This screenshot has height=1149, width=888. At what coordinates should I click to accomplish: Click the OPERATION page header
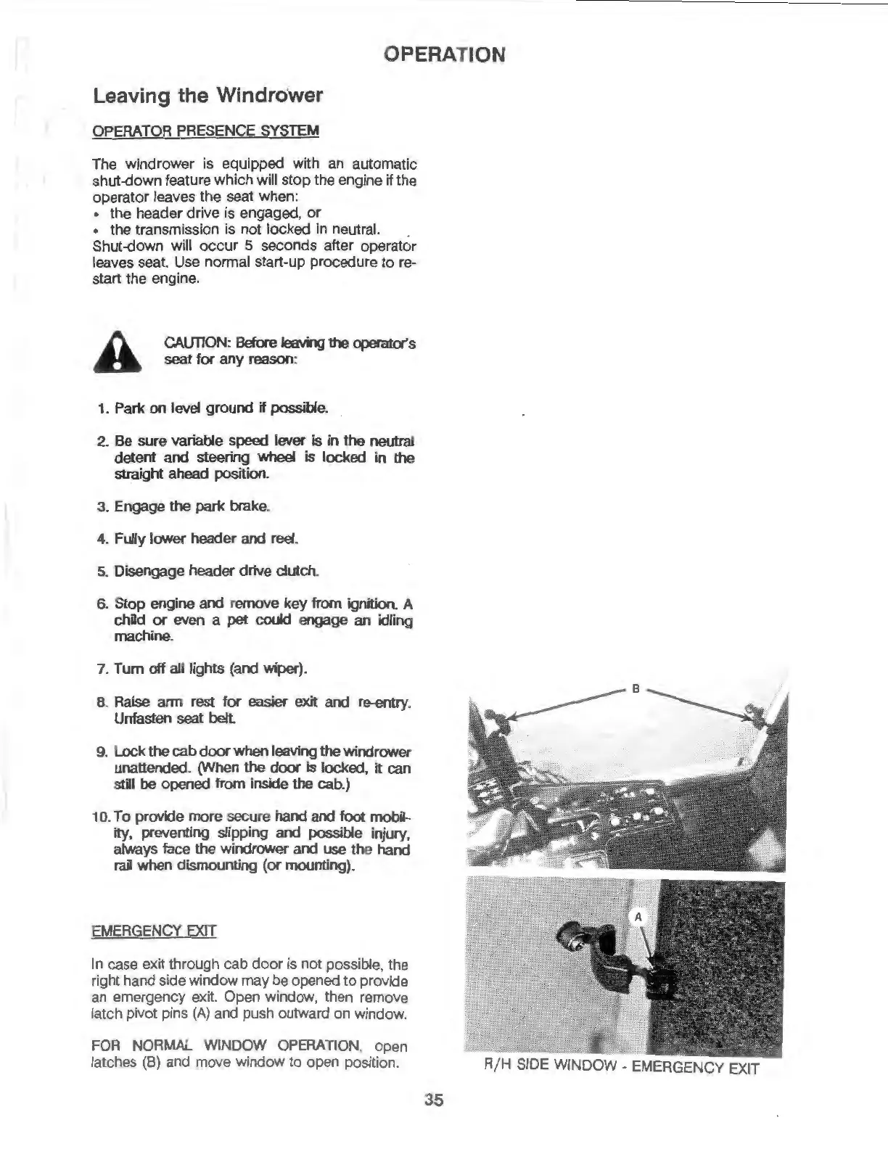pos(444,54)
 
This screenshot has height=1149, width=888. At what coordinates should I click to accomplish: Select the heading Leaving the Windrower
pos(207,96)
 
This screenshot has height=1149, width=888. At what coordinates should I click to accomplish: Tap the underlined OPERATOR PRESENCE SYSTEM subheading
pos(205,131)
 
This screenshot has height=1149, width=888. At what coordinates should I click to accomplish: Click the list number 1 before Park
pos(102,408)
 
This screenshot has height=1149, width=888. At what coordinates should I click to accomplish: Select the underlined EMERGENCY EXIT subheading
pos(154,931)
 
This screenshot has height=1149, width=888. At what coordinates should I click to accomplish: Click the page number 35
pos(434,1100)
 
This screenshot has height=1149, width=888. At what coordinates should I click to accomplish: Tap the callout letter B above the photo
pos(634,688)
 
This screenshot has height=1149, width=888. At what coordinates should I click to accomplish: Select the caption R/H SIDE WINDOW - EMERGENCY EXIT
pos(621,1067)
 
